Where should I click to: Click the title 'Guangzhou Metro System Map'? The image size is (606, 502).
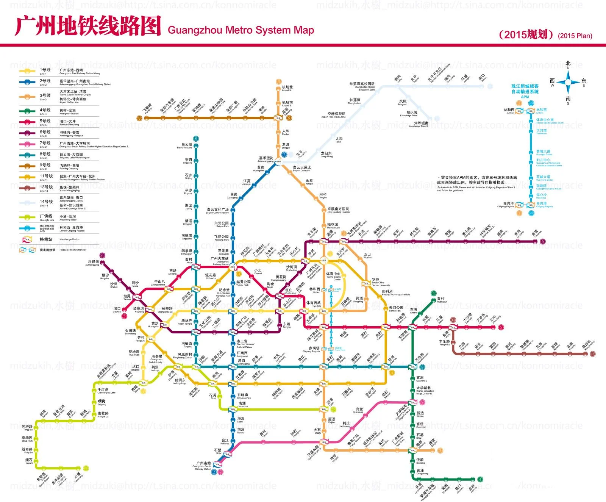[241, 30]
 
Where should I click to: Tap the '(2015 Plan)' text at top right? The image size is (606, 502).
[575, 36]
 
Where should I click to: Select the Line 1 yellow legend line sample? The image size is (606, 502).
[27, 71]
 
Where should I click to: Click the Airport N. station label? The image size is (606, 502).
[287, 88]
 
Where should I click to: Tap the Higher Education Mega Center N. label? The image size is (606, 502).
[424, 390]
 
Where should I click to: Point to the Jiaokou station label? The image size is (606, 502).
[117, 310]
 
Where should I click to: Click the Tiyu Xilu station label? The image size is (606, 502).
[314, 304]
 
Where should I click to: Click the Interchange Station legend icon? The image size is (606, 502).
[27, 239]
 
